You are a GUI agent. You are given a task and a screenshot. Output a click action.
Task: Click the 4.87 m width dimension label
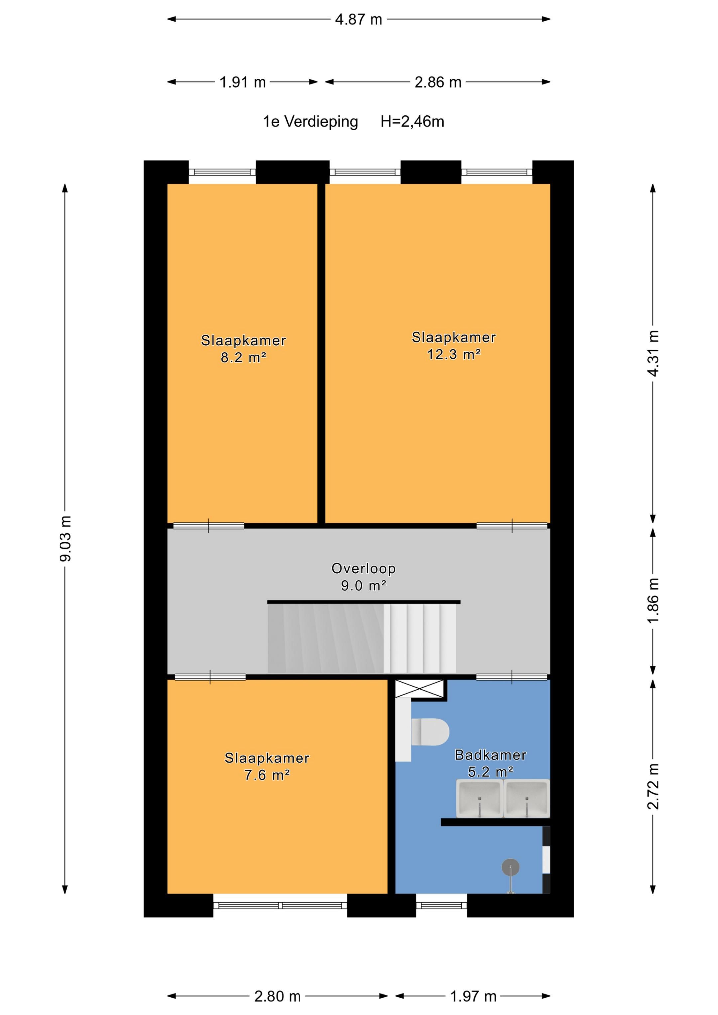tap(358, 20)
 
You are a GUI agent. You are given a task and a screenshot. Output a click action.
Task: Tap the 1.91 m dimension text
tap(242, 82)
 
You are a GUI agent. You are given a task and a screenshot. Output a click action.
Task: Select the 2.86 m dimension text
tap(437, 82)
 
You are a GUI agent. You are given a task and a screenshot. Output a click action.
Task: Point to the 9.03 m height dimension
tap(65, 539)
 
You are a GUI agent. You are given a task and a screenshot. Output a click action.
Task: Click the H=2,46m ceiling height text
tap(412, 121)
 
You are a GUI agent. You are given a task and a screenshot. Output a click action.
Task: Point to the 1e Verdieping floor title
tap(310, 122)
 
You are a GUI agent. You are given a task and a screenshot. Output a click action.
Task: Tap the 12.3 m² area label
tap(453, 354)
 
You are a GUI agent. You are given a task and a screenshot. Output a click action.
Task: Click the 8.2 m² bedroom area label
tap(243, 357)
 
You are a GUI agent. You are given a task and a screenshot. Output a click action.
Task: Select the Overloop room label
tap(364, 568)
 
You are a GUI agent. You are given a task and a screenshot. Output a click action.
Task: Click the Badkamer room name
tap(490, 755)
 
